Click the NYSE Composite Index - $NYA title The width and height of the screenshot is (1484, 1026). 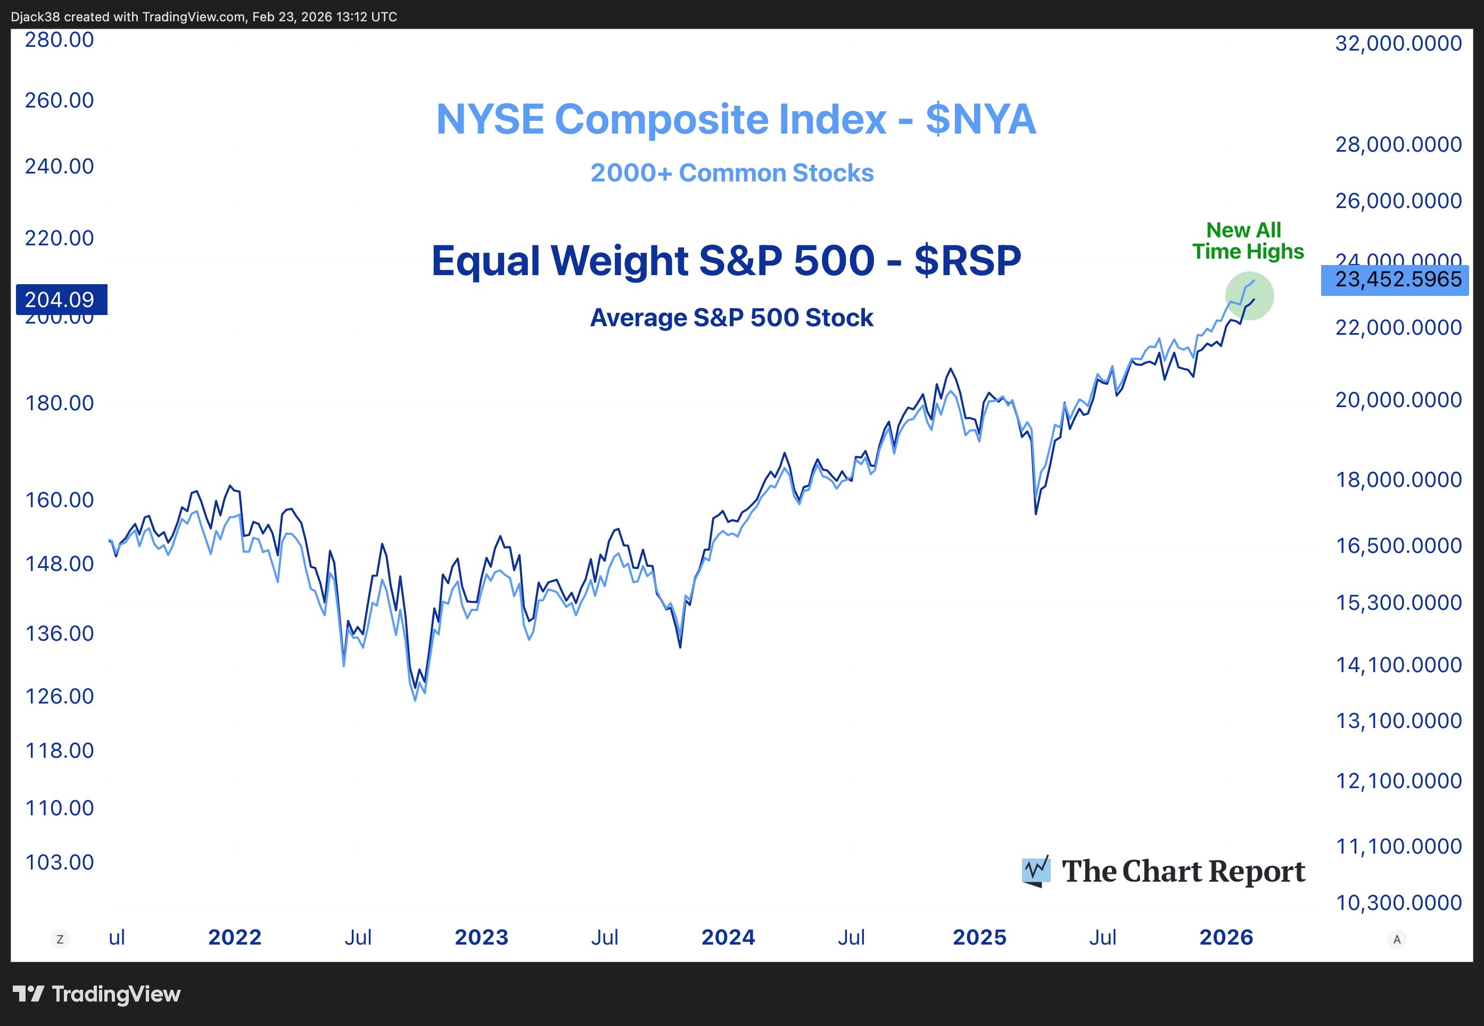click(x=736, y=120)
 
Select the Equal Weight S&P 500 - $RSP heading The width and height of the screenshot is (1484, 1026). click(x=726, y=261)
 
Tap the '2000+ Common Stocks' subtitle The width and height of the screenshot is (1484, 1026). click(x=732, y=173)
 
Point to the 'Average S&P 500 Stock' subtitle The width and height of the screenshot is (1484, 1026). click(x=732, y=318)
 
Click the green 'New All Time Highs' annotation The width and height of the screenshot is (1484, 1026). click(x=1247, y=241)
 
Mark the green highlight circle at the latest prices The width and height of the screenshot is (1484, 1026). click(x=1249, y=296)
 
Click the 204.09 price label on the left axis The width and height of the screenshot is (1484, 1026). click(x=61, y=300)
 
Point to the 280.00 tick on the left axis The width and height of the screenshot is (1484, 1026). click(x=59, y=40)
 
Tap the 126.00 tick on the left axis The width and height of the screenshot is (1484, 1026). click(x=59, y=696)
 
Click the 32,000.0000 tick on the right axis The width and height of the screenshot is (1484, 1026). click(x=1398, y=44)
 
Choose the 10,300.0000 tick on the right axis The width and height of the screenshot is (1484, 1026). click(x=1398, y=903)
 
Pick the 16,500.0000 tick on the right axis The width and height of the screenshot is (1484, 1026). click(x=1398, y=546)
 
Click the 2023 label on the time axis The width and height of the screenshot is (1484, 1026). click(x=481, y=937)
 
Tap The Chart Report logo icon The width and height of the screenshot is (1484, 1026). click(x=1036, y=871)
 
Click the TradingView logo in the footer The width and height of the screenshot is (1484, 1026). click(x=96, y=994)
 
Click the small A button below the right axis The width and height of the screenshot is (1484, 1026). click(x=1397, y=939)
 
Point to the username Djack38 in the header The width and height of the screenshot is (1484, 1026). click(x=35, y=16)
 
